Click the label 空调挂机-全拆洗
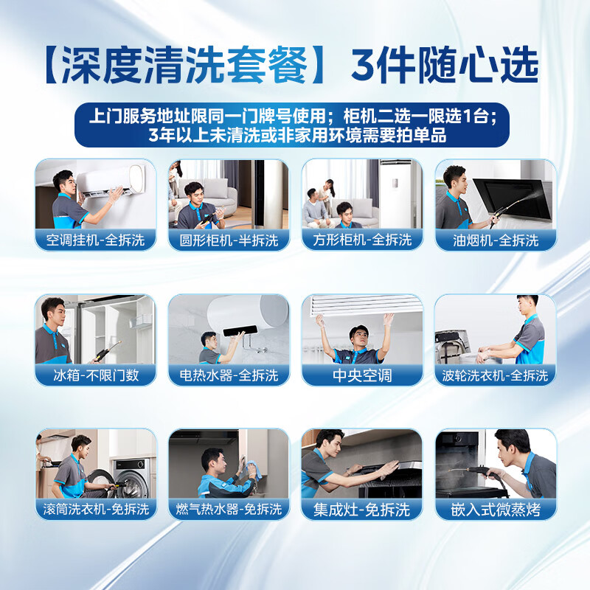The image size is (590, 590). (95, 240)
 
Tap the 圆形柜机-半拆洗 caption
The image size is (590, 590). (229, 240)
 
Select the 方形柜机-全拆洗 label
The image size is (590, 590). (362, 240)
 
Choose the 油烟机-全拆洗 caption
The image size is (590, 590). (496, 240)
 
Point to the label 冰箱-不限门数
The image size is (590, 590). (96, 375)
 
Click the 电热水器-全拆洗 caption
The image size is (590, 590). (229, 375)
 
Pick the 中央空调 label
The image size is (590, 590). (362, 375)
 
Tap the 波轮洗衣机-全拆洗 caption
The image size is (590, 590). (495, 375)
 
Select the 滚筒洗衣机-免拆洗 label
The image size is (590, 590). (96, 509)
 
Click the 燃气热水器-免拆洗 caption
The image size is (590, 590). (229, 509)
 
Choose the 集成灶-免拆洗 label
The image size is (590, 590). (361, 510)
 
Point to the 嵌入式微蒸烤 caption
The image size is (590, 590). (496, 510)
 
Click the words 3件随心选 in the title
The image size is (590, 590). (445, 65)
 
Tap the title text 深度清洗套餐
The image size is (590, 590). (185, 65)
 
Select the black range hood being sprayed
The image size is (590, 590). (513, 198)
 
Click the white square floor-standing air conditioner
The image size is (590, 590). (395, 194)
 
